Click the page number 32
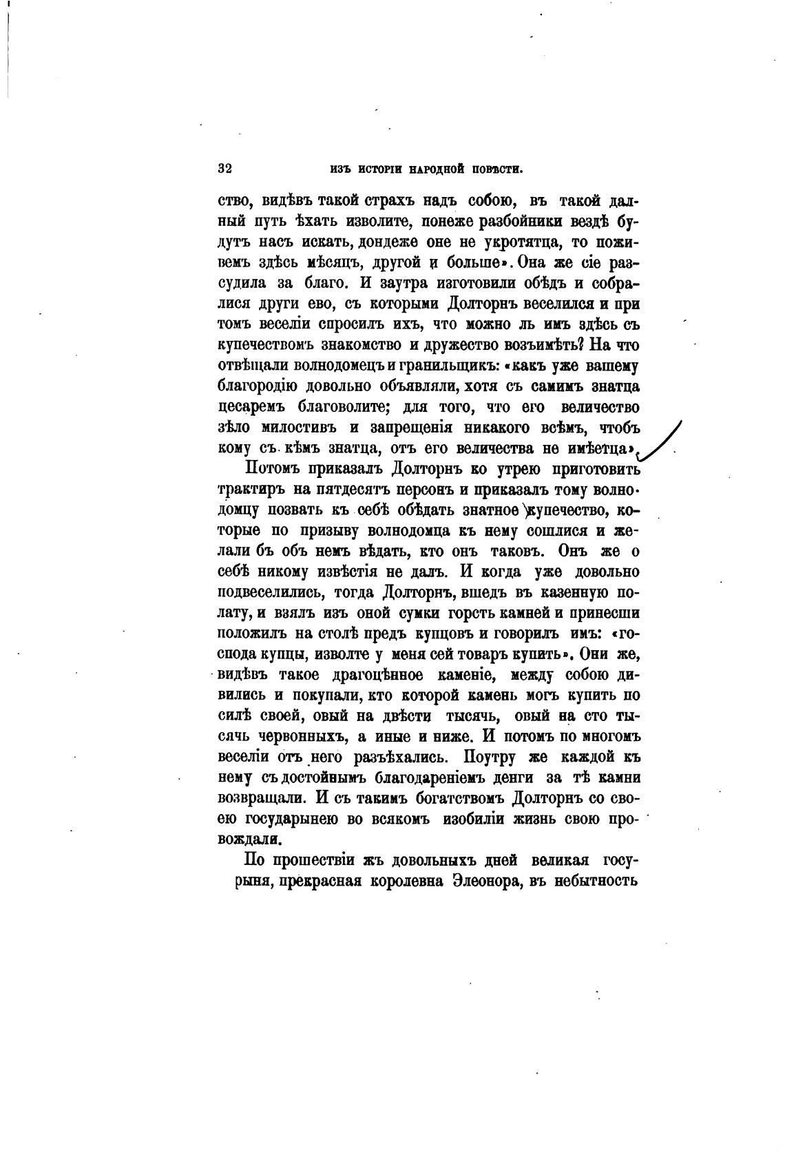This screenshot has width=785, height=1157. click(224, 168)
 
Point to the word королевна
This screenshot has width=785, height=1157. click(397, 880)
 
